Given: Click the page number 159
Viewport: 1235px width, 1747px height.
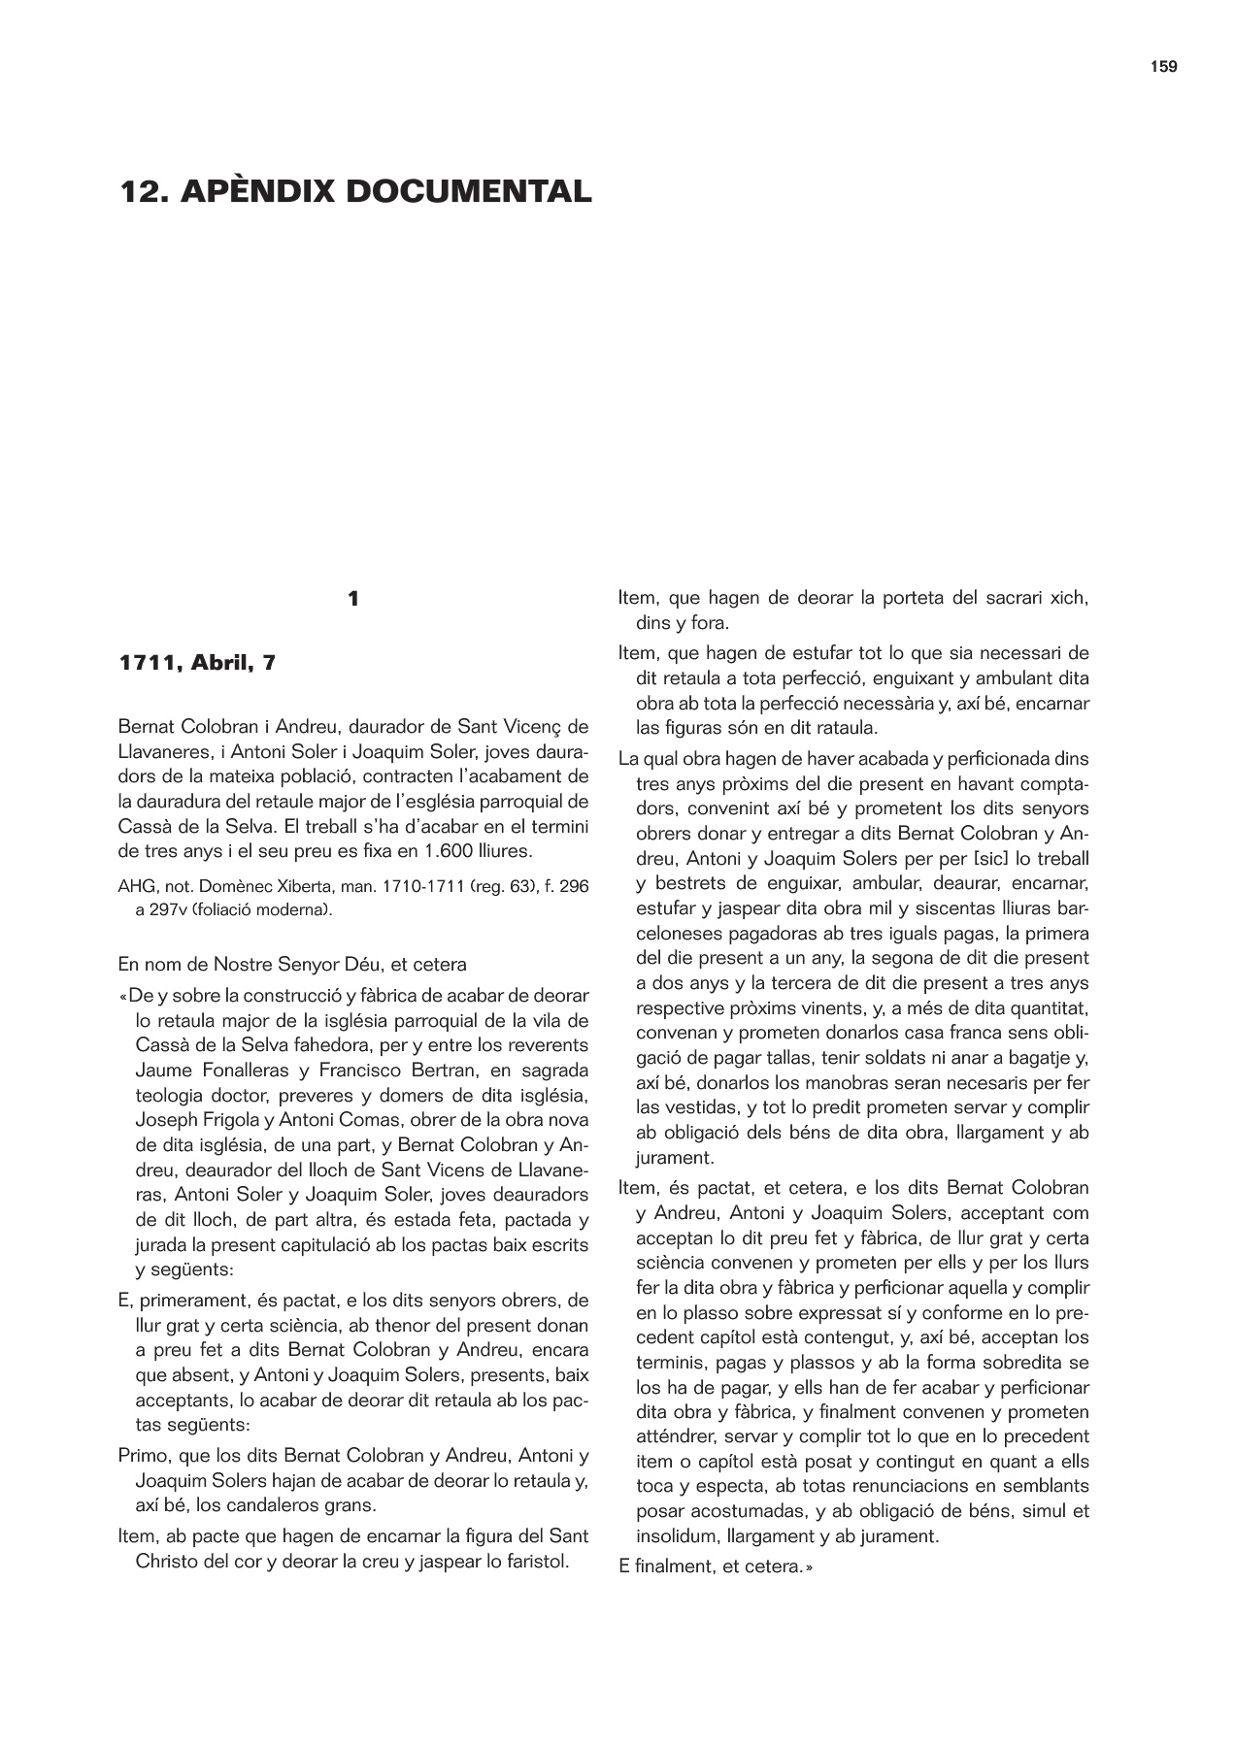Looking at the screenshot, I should [x=1163, y=67].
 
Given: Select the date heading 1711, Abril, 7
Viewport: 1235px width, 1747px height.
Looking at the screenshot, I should [x=197, y=664].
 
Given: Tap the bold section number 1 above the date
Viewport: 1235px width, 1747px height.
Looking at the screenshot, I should [x=353, y=600].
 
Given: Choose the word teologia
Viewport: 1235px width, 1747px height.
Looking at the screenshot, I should [x=175, y=1096].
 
